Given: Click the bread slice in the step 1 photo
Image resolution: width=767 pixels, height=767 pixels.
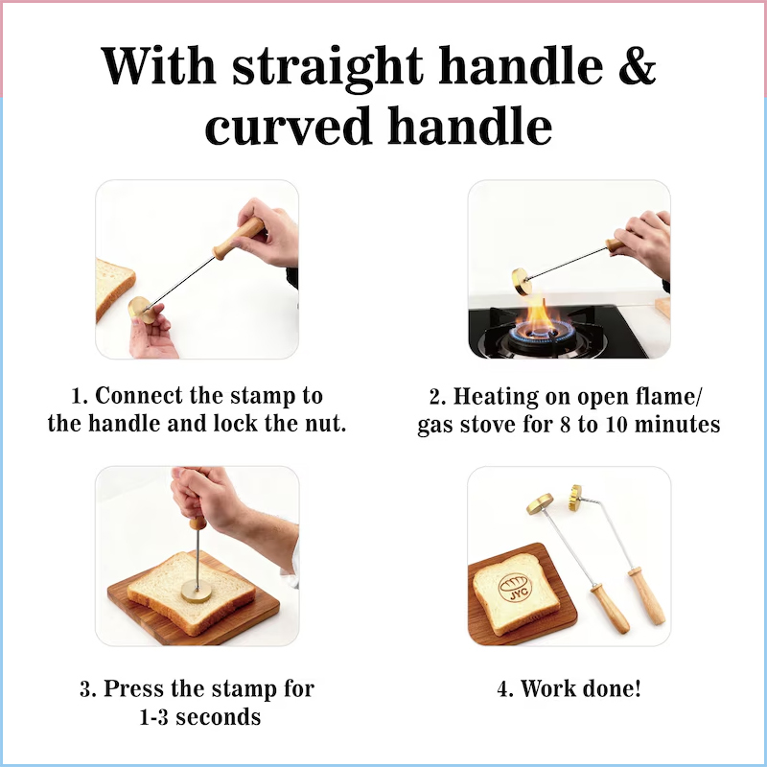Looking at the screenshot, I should tap(114, 287).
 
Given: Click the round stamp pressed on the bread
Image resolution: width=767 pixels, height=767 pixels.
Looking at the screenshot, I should tap(198, 592).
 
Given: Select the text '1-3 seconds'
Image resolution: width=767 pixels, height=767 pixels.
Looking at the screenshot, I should tap(197, 716).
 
